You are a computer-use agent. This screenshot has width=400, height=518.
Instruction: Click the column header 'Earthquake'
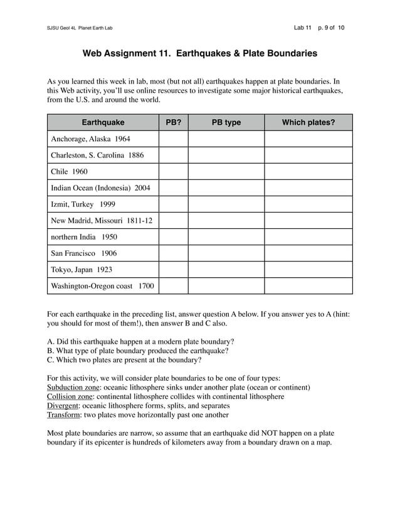pos(103,122)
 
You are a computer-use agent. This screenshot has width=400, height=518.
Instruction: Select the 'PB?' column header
pos(173,122)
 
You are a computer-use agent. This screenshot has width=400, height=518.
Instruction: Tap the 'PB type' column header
pos(226,122)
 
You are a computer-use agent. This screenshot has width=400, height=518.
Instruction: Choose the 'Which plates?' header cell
pos(308,122)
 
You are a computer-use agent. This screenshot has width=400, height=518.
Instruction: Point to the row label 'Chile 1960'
pos(69,171)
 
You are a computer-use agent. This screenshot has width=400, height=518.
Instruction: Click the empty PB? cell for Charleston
pos(173,155)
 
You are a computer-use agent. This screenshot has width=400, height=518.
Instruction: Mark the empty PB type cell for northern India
pos(226,237)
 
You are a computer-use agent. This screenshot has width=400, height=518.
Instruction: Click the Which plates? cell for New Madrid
pos(308,221)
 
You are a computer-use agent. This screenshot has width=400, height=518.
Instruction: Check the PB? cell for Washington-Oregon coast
pos(173,286)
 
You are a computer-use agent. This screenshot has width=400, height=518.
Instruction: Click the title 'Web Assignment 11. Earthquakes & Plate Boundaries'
pos(200,53)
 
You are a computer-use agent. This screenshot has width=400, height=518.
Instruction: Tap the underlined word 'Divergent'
pos(63,406)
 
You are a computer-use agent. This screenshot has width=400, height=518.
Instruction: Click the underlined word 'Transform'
pos(63,415)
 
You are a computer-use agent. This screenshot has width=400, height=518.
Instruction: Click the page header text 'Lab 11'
pos(303,28)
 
